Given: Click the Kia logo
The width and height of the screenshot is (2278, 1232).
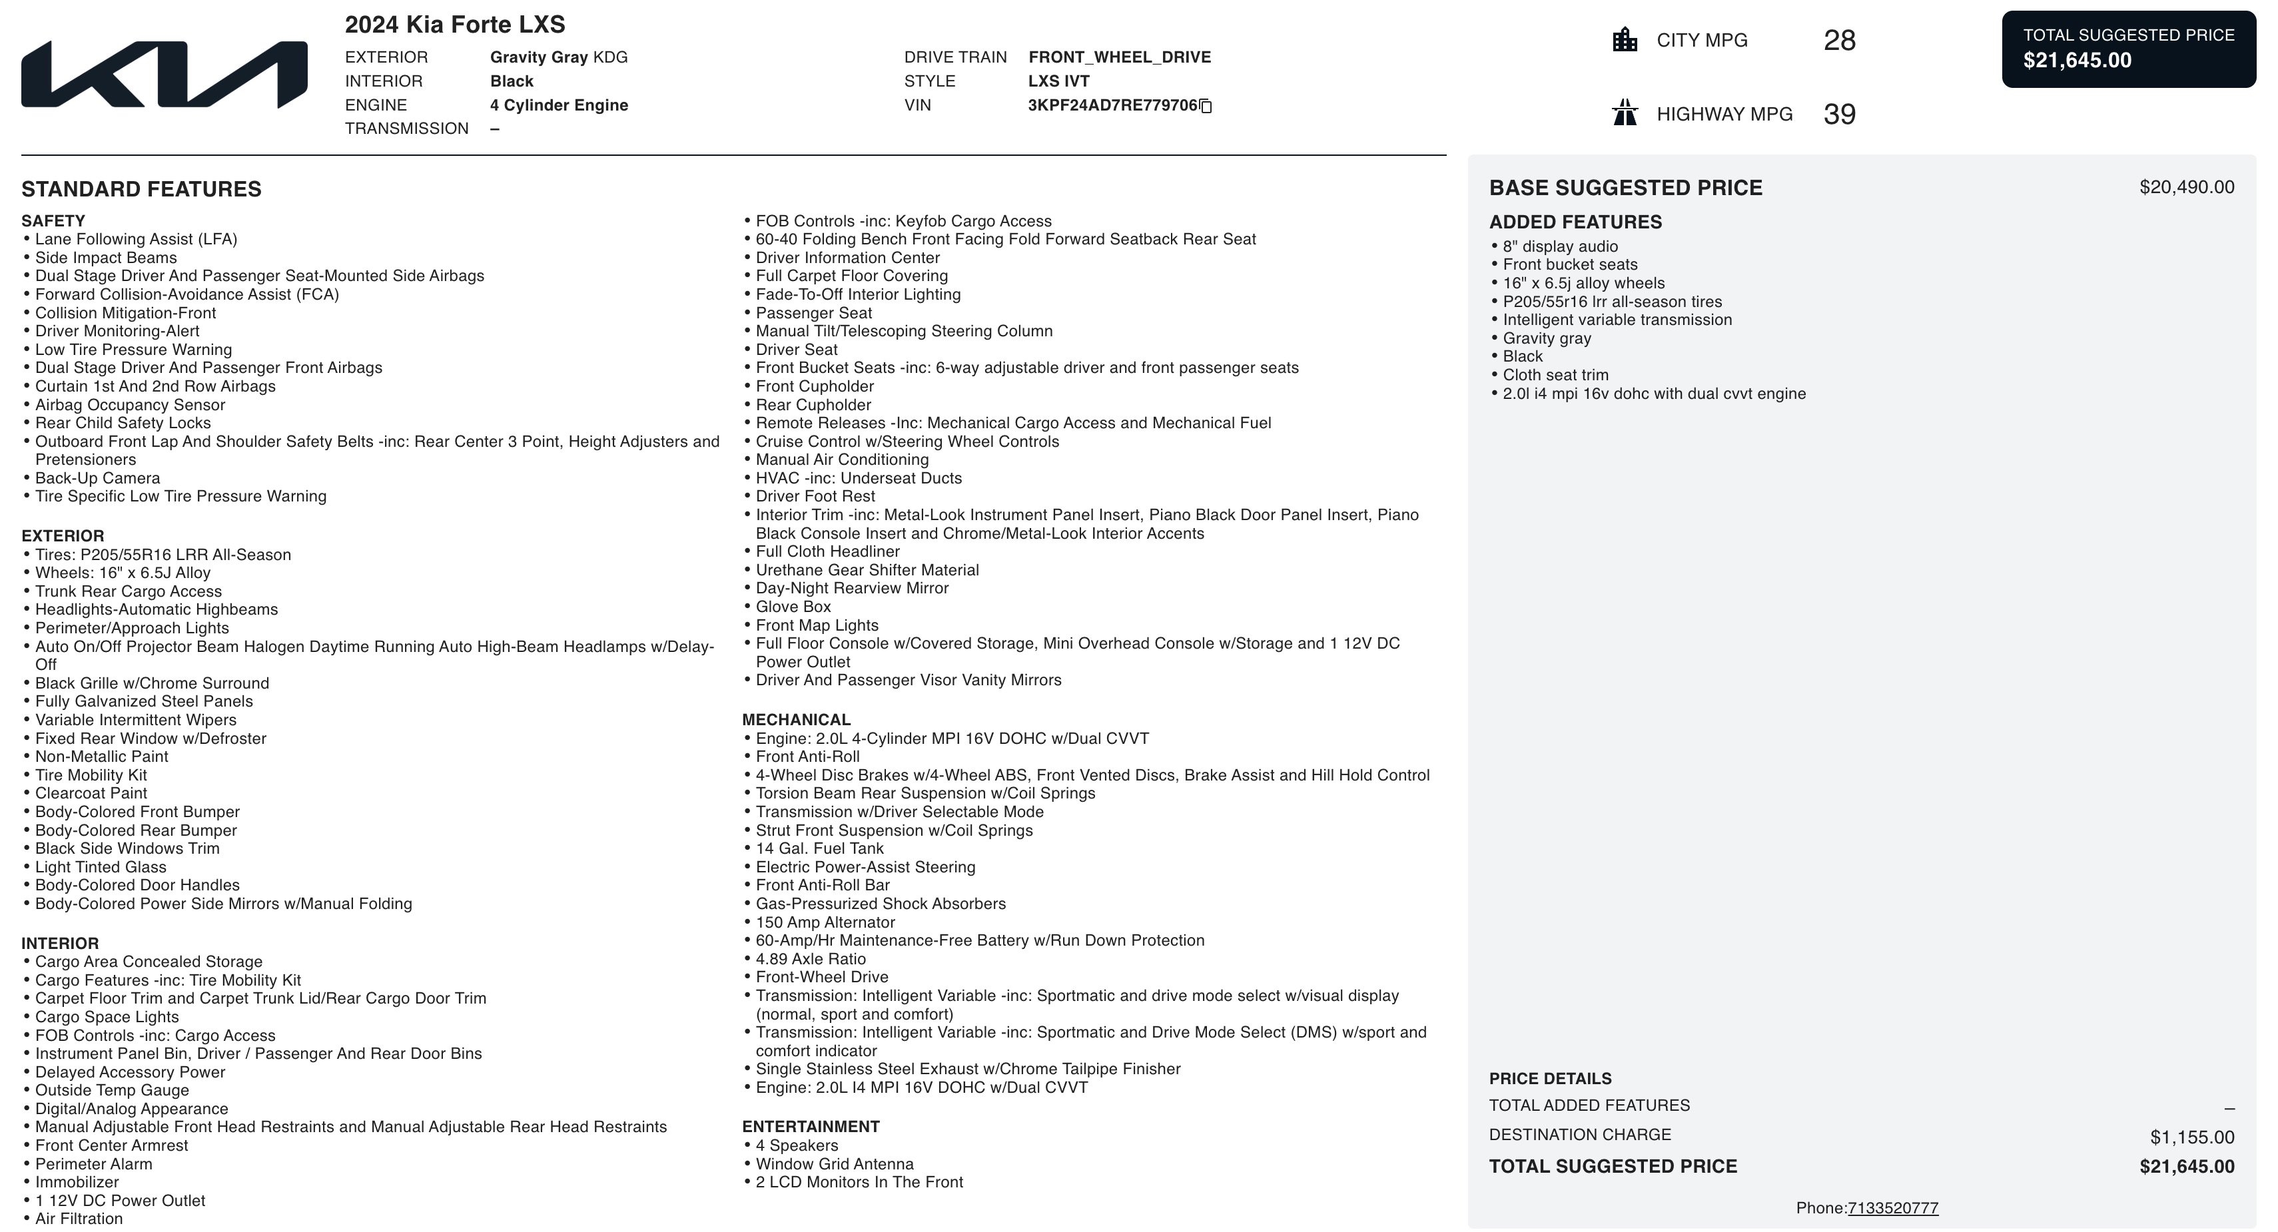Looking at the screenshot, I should [165, 75].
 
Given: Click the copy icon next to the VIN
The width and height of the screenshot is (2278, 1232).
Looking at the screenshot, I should [1206, 106].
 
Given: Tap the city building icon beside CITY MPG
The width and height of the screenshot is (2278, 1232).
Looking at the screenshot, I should [1625, 40].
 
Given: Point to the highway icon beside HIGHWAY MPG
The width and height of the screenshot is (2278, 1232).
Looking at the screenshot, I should [1625, 113].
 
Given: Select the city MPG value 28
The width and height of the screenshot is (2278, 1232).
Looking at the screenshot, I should [1839, 41].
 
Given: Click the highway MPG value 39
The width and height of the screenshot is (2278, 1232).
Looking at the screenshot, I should [1839, 114].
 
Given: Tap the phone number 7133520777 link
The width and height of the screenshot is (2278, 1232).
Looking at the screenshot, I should [1892, 1208].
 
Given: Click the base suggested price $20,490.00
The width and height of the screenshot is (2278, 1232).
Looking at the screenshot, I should [2186, 188].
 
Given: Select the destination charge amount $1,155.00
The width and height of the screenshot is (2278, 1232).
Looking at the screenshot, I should [2191, 1137].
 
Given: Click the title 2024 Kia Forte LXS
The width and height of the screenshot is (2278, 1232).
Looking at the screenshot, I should [454, 25].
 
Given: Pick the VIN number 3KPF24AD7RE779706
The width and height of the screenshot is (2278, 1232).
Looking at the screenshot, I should [1112, 105].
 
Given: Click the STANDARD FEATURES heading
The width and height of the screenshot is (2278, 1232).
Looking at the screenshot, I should [141, 189].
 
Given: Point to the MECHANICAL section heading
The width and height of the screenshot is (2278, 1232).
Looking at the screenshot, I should [796, 720].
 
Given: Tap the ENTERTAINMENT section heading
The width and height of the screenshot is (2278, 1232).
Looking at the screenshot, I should [810, 1127].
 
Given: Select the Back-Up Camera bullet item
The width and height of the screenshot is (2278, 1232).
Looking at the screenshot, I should [97, 478].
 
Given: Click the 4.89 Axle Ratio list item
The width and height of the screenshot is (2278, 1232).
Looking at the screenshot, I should [810, 959].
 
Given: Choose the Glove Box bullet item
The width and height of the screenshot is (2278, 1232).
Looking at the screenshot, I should [793, 607].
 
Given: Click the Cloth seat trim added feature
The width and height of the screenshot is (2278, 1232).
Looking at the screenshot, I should [1555, 375].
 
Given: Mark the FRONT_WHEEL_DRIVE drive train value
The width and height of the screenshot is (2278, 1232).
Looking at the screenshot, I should [1120, 57].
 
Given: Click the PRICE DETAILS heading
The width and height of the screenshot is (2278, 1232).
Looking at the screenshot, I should [1550, 1079].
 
